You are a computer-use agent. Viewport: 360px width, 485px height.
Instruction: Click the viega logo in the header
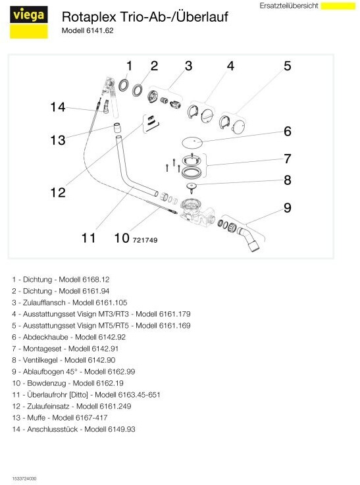pyautogui.click(x=29, y=22)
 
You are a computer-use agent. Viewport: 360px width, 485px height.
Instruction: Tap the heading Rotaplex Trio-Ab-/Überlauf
pyautogui.click(x=145, y=16)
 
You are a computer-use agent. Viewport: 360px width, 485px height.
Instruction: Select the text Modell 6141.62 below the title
pyautogui.click(x=88, y=31)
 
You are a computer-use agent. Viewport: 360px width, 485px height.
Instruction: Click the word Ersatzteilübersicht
pyautogui.click(x=288, y=6)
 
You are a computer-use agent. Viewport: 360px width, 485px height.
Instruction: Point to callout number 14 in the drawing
pyautogui.click(x=58, y=107)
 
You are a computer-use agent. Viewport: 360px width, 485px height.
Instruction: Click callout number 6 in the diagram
pyautogui.click(x=288, y=131)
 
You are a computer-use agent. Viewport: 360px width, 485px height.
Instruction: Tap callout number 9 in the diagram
pyautogui.click(x=288, y=207)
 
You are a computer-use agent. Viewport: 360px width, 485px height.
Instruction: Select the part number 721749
pyautogui.click(x=145, y=240)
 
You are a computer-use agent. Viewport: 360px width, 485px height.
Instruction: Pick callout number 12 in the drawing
pyautogui.click(x=58, y=192)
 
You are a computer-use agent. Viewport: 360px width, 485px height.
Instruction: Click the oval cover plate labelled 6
pyautogui.click(x=192, y=142)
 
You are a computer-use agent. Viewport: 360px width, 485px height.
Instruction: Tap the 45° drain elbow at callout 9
pyautogui.click(x=249, y=238)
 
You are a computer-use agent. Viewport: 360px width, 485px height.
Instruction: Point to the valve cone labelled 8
pyautogui.click(x=192, y=187)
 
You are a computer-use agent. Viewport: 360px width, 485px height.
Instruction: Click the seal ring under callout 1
pyautogui.click(x=124, y=85)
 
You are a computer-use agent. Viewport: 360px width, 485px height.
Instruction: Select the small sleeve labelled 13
pyautogui.click(x=117, y=128)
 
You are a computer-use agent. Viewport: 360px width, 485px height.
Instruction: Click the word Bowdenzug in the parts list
pyautogui.click(x=47, y=383)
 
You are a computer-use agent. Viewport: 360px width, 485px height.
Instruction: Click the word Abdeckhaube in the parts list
pyautogui.click(x=45, y=337)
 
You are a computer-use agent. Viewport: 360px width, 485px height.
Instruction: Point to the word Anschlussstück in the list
pyautogui.click(x=53, y=429)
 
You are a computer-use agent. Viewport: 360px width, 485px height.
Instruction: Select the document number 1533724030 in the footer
pyautogui.click(x=24, y=478)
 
